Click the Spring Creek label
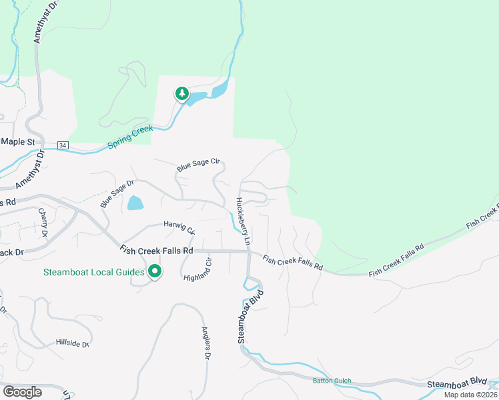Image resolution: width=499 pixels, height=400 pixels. pyautogui.click(x=130, y=136)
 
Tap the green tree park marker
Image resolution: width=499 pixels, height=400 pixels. pyautogui.click(x=181, y=94)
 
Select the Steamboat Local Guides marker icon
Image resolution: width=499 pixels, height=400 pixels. pyautogui.click(x=155, y=271)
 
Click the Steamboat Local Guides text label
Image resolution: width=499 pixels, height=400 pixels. pyautogui.click(x=94, y=272)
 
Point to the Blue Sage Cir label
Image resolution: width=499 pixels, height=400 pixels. pyautogui.click(x=197, y=165)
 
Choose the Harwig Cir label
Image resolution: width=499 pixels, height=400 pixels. pyautogui.click(x=179, y=227)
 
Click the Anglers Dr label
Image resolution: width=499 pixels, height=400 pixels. pyautogui.click(x=206, y=343)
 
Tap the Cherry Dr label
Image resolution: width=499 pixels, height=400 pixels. pyautogui.click(x=43, y=223)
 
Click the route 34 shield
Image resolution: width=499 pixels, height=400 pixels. pyautogui.click(x=63, y=145)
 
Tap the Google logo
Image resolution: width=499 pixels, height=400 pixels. pyautogui.click(x=22, y=392)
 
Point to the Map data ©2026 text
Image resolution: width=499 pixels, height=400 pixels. pyautogui.click(x=470, y=395)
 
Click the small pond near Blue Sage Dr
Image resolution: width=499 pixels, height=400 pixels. pyautogui.click(x=135, y=203)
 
